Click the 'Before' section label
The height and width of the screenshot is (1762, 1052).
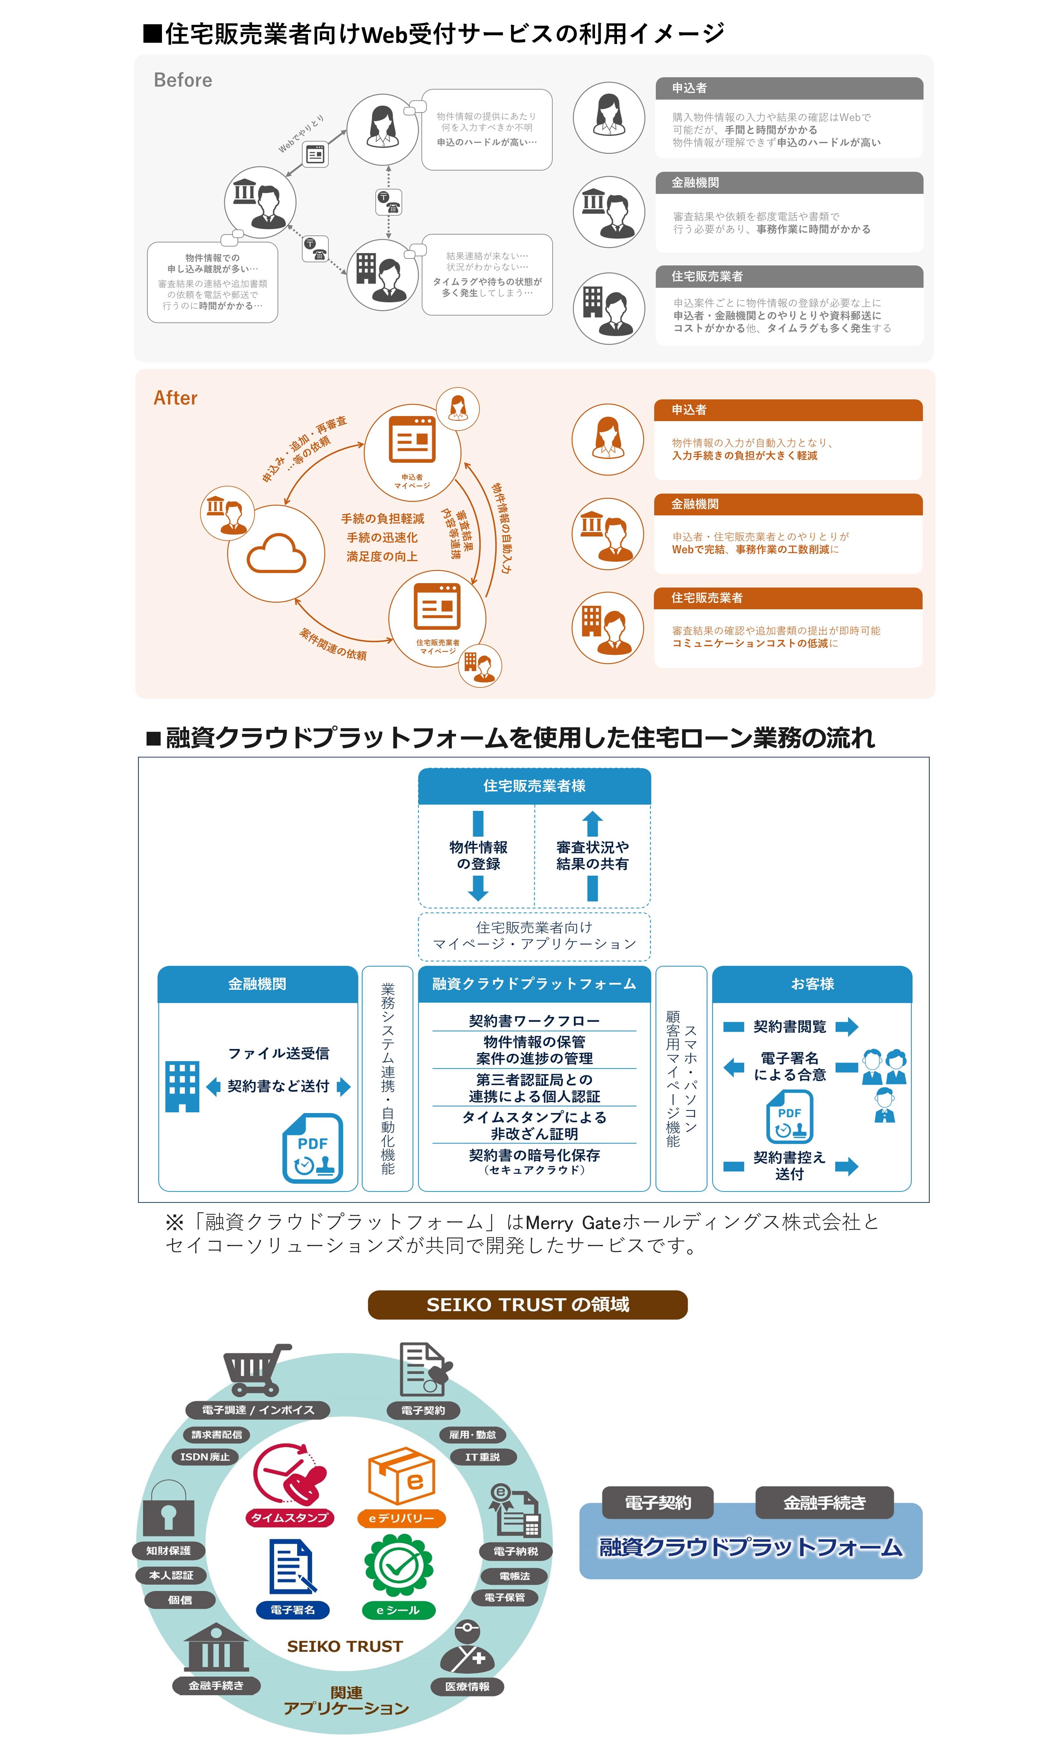[183, 80]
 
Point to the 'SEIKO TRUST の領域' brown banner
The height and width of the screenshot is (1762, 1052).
[527, 1305]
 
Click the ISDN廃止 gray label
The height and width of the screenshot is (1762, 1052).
[205, 1457]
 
